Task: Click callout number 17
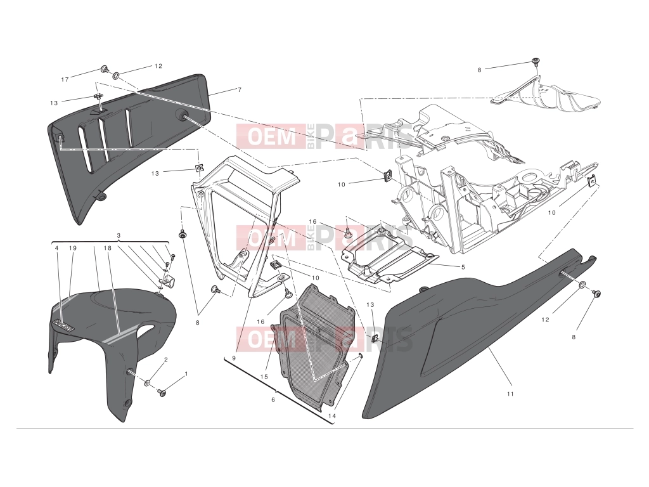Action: (x=65, y=79)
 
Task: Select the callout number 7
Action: (x=239, y=89)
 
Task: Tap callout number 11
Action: (x=510, y=394)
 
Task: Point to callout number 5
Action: (x=463, y=267)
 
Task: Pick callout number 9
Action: (x=233, y=358)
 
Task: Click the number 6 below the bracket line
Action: (x=273, y=399)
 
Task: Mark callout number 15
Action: (x=264, y=377)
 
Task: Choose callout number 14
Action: (x=332, y=416)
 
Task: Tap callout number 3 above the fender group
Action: (x=119, y=236)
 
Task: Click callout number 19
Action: (x=73, y=248)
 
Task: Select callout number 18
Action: (x=108, y=248)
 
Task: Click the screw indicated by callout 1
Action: (x=162, y=391)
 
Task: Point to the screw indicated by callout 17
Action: (x=105, y=68)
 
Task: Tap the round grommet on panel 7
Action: (x=182, y=115)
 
